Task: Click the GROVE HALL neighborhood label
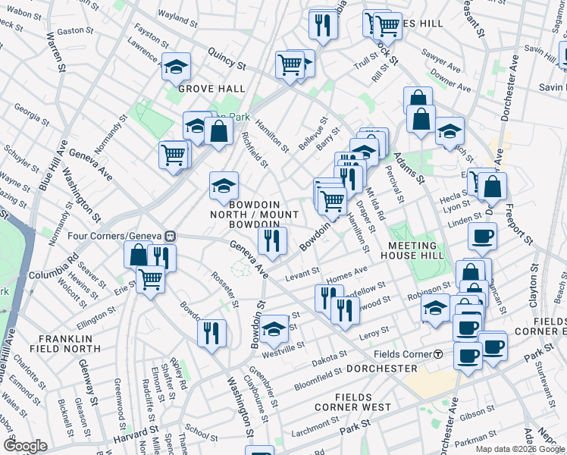coord(211,89)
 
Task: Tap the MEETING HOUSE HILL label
coord(412,252)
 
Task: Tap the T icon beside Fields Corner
coord(438,354)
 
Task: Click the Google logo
coord(24,446)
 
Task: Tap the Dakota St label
coord(328,354)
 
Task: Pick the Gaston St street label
coord(75,31)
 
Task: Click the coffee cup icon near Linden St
coord(482,237)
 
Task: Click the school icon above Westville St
coord(274,328)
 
